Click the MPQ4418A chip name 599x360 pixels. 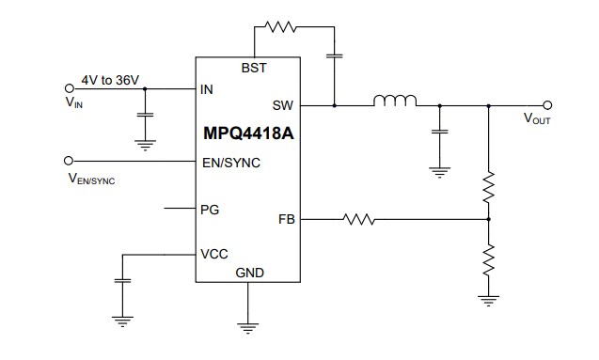247,133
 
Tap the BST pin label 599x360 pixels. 254,69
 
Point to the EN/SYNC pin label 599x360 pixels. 230,162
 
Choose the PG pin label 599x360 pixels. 211,209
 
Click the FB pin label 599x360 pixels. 286,220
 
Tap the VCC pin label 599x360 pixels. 214,255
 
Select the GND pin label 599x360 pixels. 250,273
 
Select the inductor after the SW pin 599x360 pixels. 396,102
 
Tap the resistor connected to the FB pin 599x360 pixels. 359,220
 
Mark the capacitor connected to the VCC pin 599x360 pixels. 121,281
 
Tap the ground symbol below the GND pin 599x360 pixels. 248,327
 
